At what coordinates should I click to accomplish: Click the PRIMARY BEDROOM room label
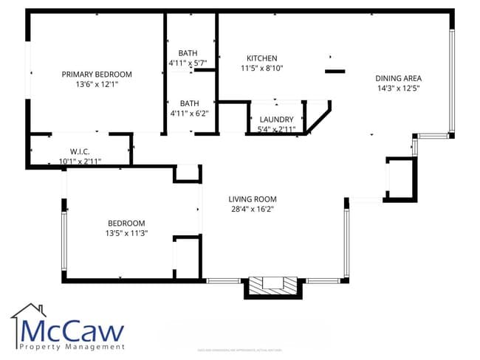tap(97, 74)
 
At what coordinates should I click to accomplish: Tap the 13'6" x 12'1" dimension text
tap(97, 85)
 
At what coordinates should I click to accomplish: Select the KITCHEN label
tap(261, 58)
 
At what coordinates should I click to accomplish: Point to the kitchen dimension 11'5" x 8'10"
tap(261, 69)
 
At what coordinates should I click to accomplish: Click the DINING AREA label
tap(398, 78)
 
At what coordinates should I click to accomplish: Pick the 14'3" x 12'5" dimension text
tap(398, 89)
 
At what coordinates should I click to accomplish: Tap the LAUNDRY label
tap(277, 119)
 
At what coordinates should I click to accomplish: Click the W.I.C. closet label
tap(80, 150)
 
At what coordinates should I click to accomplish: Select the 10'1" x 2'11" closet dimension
tap(80, 161)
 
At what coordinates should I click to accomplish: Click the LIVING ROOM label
tap(252, 198)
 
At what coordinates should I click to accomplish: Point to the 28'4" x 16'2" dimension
tap(252, 210)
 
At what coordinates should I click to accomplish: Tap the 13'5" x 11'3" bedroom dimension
tap(126, 234)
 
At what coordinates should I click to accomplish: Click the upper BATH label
tap(188, 52)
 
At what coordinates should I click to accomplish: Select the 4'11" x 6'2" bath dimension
tap(188, 114)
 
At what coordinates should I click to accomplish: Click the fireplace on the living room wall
tap(272, 286)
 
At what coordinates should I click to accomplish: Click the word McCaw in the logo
tap(72, 330)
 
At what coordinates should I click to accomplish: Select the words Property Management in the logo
tap(72, 346)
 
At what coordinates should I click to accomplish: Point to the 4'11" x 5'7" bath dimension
tap(188, 63)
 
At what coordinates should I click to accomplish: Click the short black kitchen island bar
tap(335, 72)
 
